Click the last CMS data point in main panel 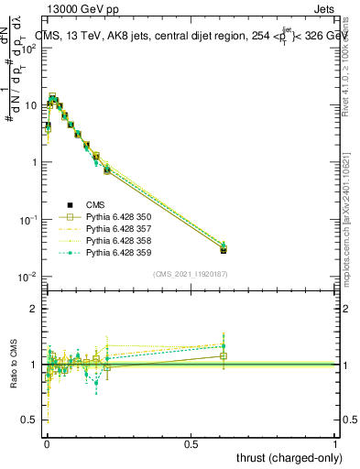(x=224, y=249)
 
